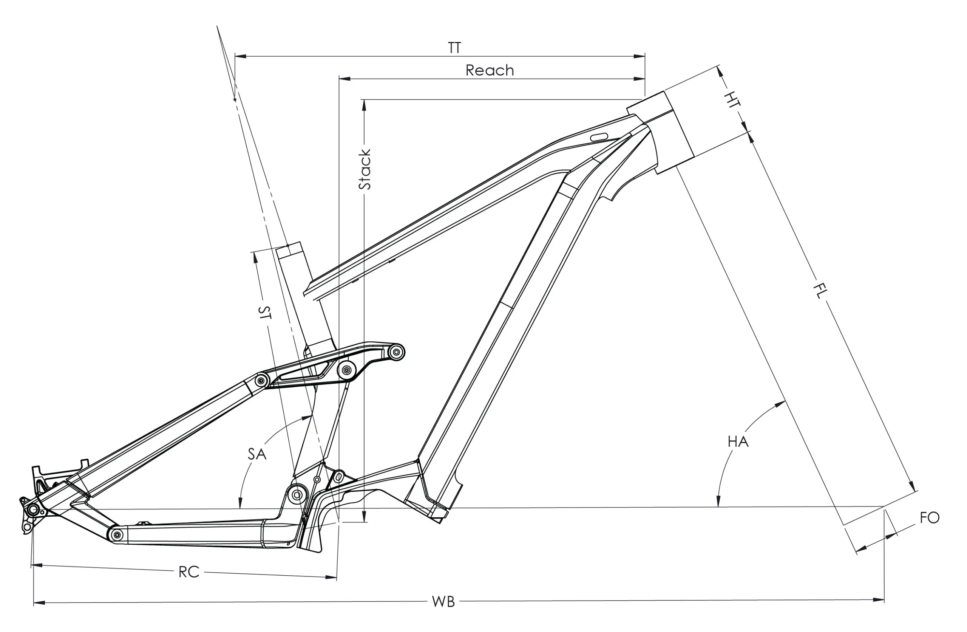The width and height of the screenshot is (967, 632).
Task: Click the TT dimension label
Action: pyautogui.click(x=455, y=48)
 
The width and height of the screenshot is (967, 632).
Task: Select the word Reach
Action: pyautogui.click(x=490, y=71)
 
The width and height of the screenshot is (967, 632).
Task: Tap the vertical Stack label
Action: pyautogui.click(x=365, y=169)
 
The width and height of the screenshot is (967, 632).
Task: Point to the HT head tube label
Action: pyautogui.click(x=732, y=100)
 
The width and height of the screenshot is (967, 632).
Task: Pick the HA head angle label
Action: pyautogui.click(x=738, y=441)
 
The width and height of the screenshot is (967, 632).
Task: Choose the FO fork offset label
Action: pyautogui.click(x=930, y=518)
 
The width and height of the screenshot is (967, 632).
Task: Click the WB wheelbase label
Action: pyautogui.click(x=443, y=602)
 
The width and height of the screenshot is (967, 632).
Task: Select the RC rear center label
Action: pyautogui.click(x=189, y=572)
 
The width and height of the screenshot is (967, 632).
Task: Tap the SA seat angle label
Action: pyautogui.click(x=257, y=454)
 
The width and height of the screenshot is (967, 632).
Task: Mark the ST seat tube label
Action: pyautogui.click(x=264, y=312)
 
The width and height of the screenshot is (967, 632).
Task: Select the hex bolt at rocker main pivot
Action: pyautogui.click(x=346, y=370)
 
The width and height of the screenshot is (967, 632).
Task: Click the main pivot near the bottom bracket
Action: pyautogui.click(x=297, y=494)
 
